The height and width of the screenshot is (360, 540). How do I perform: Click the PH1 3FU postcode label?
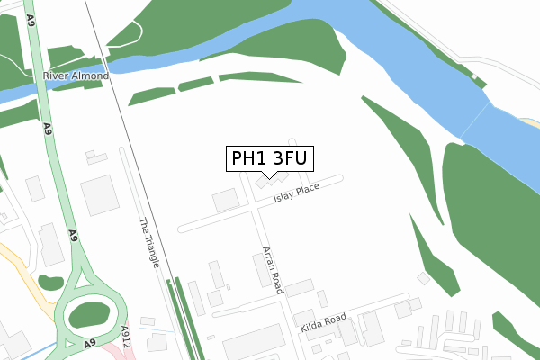point(269,159)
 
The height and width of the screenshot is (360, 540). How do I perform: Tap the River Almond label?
point(76,76)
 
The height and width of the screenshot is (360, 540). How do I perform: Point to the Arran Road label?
point(273,270)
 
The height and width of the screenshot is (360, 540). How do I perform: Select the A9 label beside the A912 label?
point(91,344)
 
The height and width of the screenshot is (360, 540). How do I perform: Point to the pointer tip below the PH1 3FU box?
point(269,177)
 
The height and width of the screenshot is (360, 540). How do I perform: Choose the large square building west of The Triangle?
point(100,195)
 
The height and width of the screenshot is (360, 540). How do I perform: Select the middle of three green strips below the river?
point(196,85)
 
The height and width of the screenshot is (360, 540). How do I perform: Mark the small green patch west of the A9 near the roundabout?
point(50,282)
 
